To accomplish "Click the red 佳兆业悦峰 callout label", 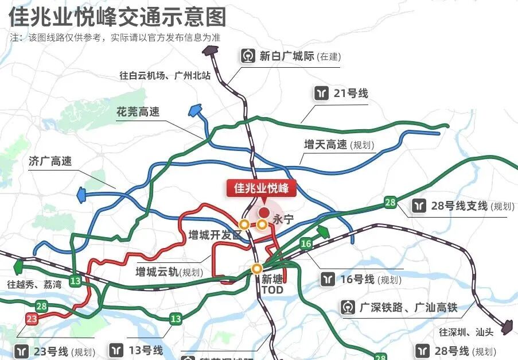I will click(260, 188).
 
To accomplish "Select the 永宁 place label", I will click(283, 219).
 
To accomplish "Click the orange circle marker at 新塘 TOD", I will click(257, 268).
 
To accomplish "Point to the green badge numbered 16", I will click(306, 244).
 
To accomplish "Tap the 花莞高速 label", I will click(138, 111).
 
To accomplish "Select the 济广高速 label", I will click(50, 161).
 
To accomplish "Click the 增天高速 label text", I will click(326, 145).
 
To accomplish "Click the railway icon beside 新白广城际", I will click(248, 56).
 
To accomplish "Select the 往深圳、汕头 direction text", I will click(466, 332).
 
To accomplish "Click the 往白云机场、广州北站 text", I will click(165, 75).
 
